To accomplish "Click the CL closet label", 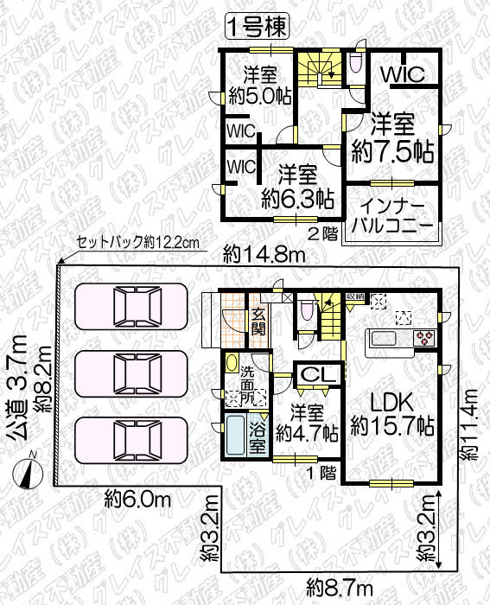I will coord(313,374).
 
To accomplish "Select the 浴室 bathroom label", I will coord(258,438).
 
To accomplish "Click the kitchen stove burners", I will coord(424,336).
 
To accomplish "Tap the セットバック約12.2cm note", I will coord(137,242).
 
